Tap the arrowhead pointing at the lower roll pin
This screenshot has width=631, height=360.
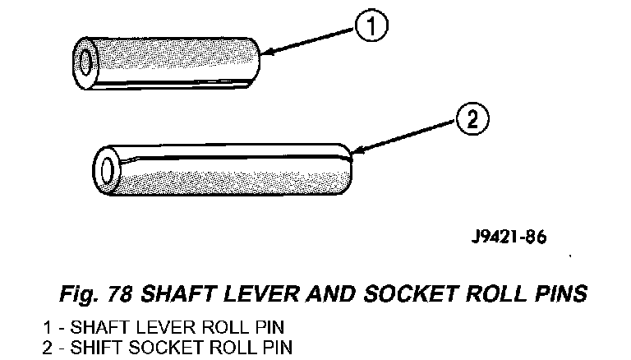(x=353, y=151)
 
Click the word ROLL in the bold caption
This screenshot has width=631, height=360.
(x=481, y=294)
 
